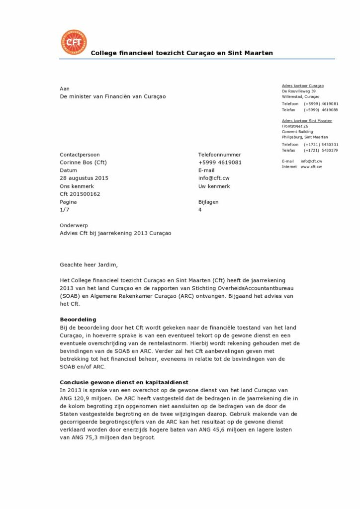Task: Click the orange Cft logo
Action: coord(73,42)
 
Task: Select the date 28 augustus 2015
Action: coord(84,178)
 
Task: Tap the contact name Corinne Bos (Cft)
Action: coord(84,162)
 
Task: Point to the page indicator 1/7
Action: coord(64,210)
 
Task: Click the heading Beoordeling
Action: coord(78,319)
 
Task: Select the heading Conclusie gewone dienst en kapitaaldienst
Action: coord(123,382)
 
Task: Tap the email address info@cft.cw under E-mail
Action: coord(214,178)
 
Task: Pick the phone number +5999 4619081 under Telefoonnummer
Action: coord(220,162)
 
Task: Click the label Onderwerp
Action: coord(74,226)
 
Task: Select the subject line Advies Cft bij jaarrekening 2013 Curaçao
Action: coord(115,234)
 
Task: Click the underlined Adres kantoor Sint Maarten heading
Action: coord(307,121)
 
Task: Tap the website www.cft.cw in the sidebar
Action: coord(311,167)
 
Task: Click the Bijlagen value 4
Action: coord(200,210)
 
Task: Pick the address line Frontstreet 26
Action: coord(295,126)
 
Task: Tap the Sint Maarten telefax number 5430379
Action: coord(328,150)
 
